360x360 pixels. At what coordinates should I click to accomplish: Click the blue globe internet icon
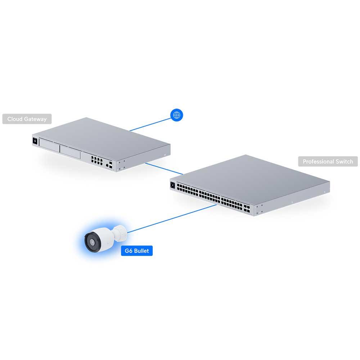(x=176, y=115)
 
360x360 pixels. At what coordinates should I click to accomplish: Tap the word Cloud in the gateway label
(x=15, y=119)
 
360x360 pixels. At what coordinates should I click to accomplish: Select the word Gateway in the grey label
(x=35, y=119)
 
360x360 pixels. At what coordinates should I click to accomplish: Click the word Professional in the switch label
(x=318, y=161)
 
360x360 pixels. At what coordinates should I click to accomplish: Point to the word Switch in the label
(x=344, y=161)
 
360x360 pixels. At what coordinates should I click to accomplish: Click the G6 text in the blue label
(x=129, y=251)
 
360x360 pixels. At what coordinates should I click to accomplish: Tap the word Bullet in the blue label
(x=141, y=251)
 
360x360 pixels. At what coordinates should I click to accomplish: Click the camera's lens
(x=92, y=242)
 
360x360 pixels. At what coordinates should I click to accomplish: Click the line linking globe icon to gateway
(x=150, y=125)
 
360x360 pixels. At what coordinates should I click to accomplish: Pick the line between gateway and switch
(x=164, y=169)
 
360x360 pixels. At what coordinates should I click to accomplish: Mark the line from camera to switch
(x=172, y=219)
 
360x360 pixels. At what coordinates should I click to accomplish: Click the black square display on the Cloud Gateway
(x=35, y=141)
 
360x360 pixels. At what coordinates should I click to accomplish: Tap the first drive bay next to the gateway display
(x=49, y=145)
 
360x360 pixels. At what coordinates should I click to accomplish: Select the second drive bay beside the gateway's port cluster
(x=70, y=152)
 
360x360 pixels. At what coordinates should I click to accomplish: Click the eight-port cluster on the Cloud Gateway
(x=96, y=160)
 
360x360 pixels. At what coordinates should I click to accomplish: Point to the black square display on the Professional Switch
(x=173, y=185)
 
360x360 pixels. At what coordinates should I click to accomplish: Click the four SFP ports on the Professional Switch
(x=247, y=209)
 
